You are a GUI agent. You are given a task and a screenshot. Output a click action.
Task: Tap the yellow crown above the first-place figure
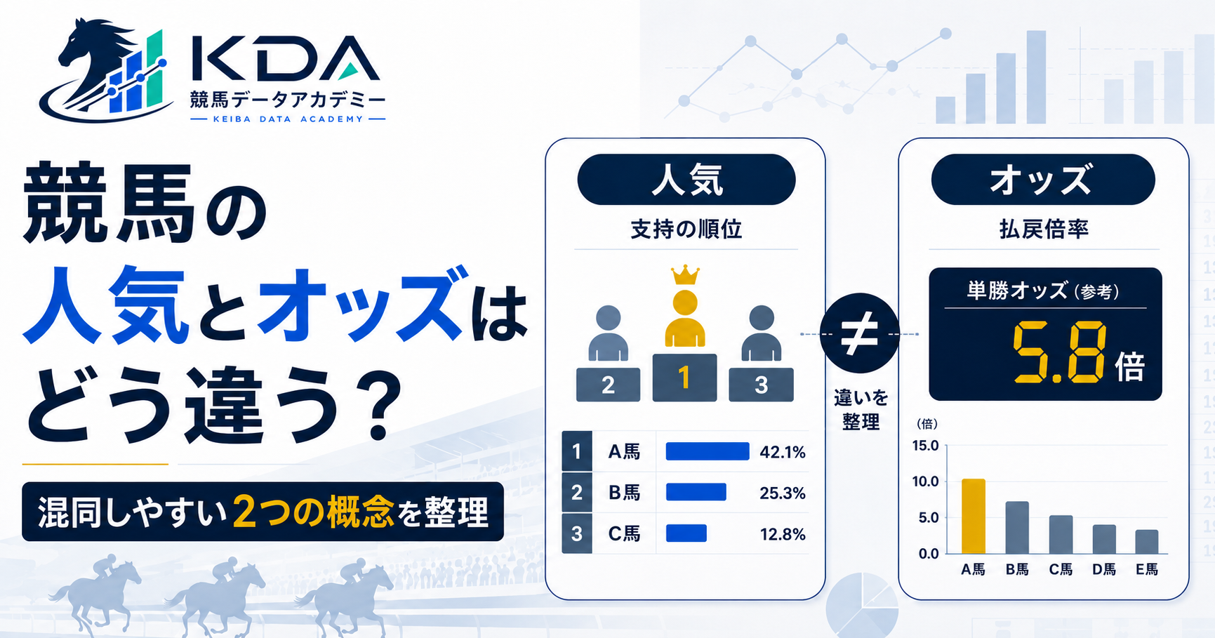pyautogui.click(x=685, y=274)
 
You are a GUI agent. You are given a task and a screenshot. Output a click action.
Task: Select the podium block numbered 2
pyautogui.click(x=608, y=385)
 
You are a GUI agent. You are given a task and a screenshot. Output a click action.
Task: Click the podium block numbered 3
pyautogui.click(x=761, y=385)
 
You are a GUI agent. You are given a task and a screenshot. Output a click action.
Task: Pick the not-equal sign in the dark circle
pyautogui.click(x=859, y=333)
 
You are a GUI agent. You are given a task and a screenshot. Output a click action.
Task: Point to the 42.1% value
pyautogui.click(x=783, y=452)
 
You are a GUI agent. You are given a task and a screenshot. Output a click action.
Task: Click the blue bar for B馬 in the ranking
pyautogui.click(x=696, y=492)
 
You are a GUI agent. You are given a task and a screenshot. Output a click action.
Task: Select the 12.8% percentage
pyautogui.click(x=783, y=534)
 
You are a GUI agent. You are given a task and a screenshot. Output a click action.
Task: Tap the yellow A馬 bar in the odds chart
pyautogui.click(x=973, y=516)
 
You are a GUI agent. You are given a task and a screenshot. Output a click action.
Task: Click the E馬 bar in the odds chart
pyautogui.click(x=1147, y=542)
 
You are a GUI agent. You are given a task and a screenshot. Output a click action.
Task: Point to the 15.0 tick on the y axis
pyautogui.click(x=925, y=446)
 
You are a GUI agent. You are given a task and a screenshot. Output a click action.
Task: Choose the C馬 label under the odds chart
pyautogui.click(x=1061, y=569)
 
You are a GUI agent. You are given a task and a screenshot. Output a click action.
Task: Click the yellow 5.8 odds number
pyautogui.click(x=1059, y=353)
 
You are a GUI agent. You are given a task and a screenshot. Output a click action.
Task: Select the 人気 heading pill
pyautogui.click(x=686, y=180)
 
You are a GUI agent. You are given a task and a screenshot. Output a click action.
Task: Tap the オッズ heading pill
pyautogui.click(x=1042, y=180)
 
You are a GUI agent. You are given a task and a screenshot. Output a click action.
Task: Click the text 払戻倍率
pyautogui.click(x=1044, y=230)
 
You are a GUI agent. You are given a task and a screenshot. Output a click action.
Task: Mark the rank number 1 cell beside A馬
pyautogui.click(x=577, y=451)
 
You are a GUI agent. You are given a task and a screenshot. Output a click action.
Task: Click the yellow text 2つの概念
pyautogui.click(x=313, y=511)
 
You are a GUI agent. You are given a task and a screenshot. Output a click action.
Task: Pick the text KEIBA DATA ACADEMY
pyautogui.click(x=288, y=119)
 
